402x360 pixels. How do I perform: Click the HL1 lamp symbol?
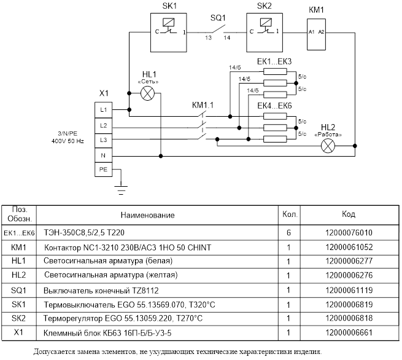click(x=148, y=93)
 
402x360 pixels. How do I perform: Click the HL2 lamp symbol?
click(x=328, y=146)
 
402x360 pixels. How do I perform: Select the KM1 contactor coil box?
click(x=316, y=34)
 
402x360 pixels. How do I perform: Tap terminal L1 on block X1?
click(x=103, y=110)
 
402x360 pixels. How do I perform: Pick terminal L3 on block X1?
click(x=103, y=140)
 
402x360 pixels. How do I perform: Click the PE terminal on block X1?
click(x=103, y=170)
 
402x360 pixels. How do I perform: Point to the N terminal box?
click(x=103, y=155)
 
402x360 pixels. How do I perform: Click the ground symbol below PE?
click(x=121, y=190)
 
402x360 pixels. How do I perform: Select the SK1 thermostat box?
click(x=168, y=33)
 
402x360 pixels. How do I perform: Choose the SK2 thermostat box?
click(x=265, y=33)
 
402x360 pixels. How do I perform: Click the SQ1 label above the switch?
click(x=218, y=18)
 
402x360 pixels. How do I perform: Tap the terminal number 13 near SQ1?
click(x=208, y=37)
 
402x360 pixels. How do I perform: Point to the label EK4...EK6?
click(x=274, y=106)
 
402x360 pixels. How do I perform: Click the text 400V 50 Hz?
click(x=68, y=141)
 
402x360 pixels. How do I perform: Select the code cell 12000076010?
click(x=349, y=233)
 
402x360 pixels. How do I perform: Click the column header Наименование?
click(x=148, y=215)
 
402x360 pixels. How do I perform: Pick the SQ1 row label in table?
click(x=18, y=290)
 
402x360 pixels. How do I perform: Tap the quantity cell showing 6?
click(x=288, y=233)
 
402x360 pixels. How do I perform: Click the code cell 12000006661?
click(x=349, y=333)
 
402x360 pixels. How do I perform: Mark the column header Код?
click(x=349, y=214)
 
